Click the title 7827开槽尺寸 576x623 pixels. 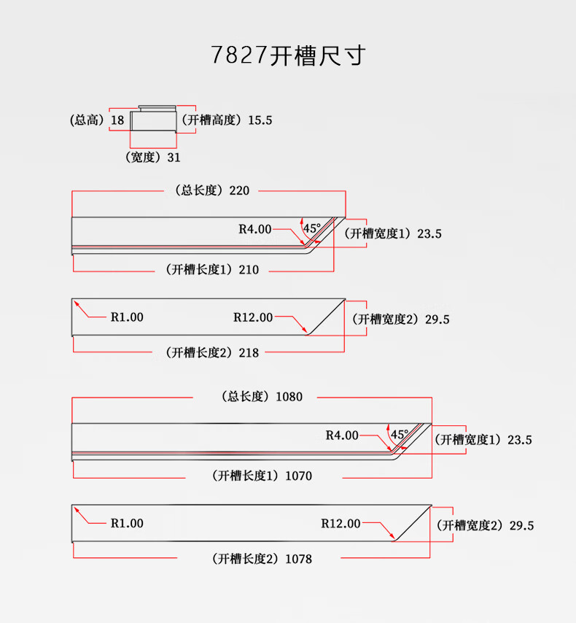(287, 55)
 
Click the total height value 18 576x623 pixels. (117, 120)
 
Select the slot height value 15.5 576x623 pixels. (260, 120)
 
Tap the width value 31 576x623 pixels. (174, 157)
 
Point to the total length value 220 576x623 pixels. (239, 190)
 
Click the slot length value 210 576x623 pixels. (249, 270)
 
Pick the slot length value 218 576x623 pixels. (249, 352)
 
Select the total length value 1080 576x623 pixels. (289, 397)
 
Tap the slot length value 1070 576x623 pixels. (298, 476)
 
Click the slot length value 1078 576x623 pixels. (298, 559)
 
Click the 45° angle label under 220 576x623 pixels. (311, 228)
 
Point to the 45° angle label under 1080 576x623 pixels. (399, 434)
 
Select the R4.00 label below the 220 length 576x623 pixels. (254, 229)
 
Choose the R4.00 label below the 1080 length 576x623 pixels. (342, 436)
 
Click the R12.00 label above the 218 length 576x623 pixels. (253, 317)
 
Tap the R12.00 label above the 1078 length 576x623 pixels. (340, 523)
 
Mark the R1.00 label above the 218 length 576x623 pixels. (127, 317)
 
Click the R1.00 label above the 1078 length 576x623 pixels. (127, 523)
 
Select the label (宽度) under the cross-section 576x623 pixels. (143, 157)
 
